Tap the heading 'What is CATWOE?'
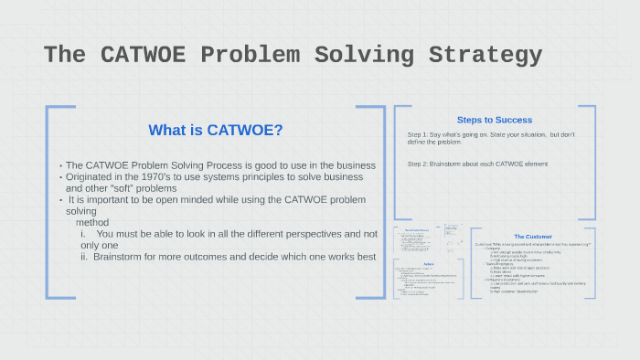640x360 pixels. coord(215,130)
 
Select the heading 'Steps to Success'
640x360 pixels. coord(494,120)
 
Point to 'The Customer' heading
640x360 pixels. coord(532,237)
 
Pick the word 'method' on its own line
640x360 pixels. coord(92,222)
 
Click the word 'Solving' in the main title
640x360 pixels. coord(362,55)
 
